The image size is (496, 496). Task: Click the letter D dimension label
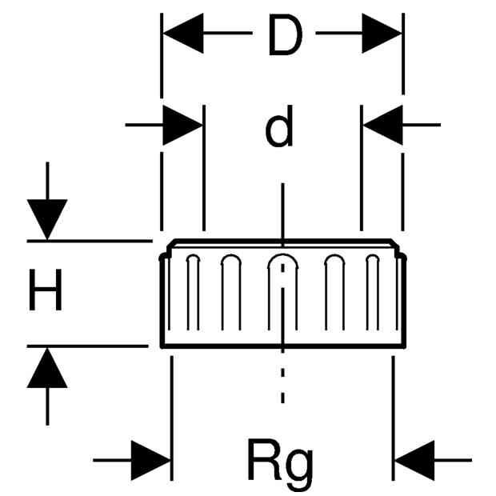(x=286, y=35)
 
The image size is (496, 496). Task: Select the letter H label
(x=46, y=290)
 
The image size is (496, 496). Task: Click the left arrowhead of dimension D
(x=183, y=33)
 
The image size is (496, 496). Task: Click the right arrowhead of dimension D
(x=382, y=33)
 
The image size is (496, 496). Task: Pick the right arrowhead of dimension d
(x=382, y=126)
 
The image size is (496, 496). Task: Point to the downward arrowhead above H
(x=47, y=219)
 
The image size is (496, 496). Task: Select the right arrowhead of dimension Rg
(x=414, y=460)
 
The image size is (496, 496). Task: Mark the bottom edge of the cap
(x=283, y=346)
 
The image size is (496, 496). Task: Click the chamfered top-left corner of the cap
(x=171, y=245)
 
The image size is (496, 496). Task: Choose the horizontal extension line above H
(x=90, y=241)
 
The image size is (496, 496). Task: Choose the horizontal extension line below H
(x=88, y=346)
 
